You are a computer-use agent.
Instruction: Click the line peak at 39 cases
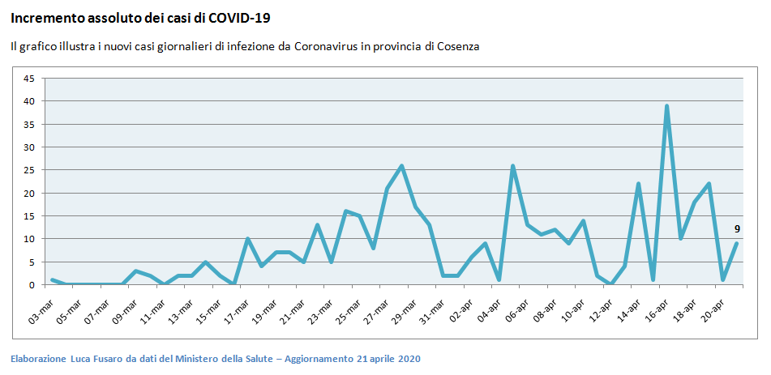(x=666, y=106)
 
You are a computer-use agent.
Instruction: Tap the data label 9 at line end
(x=737, y=229)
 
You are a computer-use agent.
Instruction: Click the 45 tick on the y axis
(x=29, y=79)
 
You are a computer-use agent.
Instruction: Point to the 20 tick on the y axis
(x=29, y=194)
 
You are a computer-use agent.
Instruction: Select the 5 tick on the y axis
(x=32, y=262)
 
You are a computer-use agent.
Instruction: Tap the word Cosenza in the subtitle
(x=458, y=47)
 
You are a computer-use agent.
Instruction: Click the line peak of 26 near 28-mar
(x=401, y=166)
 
